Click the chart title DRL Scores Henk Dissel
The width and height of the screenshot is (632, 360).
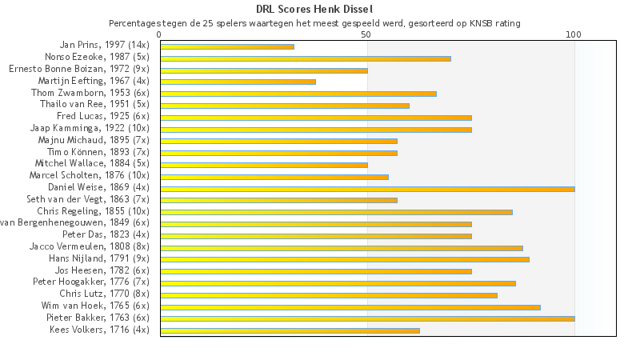pos(316,10)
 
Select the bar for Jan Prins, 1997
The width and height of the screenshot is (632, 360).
pos(227,46)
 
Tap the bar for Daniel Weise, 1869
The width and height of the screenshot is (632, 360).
pos(367,189)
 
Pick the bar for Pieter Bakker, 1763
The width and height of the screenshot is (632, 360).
pos(367,318)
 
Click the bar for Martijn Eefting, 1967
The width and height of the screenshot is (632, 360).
pos(238,82)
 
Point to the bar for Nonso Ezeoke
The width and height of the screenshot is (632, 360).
pos(306,58)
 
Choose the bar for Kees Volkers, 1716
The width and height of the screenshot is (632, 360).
pos(290,330)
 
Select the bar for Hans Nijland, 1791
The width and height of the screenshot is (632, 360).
pos(345,259)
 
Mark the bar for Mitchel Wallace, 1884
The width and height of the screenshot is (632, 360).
pos(264,165)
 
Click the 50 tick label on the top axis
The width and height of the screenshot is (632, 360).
pos(366,34)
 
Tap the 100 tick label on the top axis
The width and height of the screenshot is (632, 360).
pos(574,34)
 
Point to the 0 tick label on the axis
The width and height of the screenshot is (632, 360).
pos(160,34)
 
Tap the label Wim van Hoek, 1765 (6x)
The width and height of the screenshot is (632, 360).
pos(95,306)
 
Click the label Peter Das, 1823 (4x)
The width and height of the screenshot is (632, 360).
pos(106,234)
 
